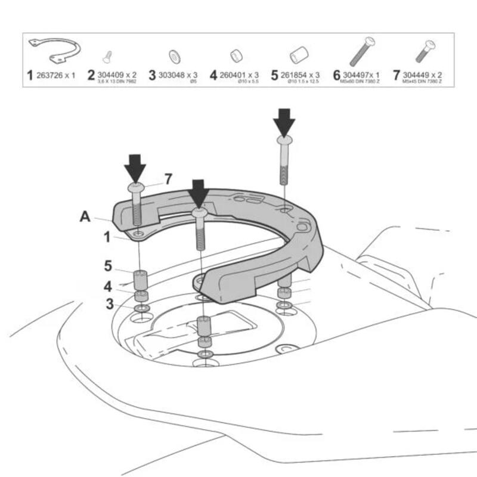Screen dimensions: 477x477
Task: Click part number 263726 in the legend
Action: pyautogui.click(x=55, y=75)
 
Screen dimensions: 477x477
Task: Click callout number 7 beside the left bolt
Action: pyautogui.click(x=168, y=179)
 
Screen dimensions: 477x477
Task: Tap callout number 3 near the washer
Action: pyautogui.click(x=109, y=303)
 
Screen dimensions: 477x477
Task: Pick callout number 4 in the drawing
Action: pyautogui.click(x=108, y=286)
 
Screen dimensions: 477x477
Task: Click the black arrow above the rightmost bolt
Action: pyautogui.click(x=284, y=122)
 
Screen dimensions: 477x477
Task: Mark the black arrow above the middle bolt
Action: pyautogui.click(x=199, y=193)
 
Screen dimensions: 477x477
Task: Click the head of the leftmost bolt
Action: pyautogui.click(x=135, y=187)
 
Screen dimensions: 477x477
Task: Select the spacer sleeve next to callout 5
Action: pyautogui.click(x=140, y=279)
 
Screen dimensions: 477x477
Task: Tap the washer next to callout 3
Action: pyautogui.click(x=141, y=308)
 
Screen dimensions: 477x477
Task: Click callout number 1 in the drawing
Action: pyautogui.click(x=107, y=237)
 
